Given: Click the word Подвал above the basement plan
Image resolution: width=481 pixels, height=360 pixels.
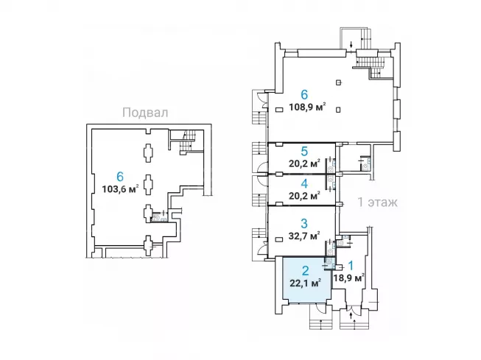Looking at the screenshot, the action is coord(145,113).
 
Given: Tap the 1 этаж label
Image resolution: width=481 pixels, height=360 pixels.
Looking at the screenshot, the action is coord(378,202).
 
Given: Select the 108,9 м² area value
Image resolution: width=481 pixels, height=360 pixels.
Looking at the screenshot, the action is coord(307,107).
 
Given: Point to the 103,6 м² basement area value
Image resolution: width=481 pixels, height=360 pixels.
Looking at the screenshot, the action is coord(120,188).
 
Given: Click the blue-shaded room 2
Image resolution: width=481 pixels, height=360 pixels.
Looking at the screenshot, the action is coord(306,279).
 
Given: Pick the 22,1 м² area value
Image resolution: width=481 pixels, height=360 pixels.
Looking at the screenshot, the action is coord(306,282).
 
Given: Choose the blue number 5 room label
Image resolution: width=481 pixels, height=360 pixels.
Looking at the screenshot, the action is coord(304,152).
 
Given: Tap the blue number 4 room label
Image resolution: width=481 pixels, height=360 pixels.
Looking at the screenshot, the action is coord(304,183).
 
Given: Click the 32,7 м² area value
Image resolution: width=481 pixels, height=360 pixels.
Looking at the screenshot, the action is coord(304,236).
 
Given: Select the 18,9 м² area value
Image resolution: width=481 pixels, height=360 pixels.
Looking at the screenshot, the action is coord(349,278).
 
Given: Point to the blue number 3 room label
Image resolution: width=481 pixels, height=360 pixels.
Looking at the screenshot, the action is coord(304,223).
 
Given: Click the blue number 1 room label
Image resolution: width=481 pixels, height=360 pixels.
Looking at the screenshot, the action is coord(351,265).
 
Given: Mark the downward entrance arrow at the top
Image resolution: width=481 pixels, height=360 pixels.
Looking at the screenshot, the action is coord(351,44).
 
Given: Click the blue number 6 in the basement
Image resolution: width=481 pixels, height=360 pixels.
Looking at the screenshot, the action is coord(120,177).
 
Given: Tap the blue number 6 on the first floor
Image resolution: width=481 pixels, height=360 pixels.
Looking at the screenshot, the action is coord(304,95).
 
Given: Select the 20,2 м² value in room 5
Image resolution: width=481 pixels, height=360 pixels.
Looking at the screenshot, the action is coord(304,163).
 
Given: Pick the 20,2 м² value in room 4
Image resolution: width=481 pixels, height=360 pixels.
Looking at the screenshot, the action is coord(304,195).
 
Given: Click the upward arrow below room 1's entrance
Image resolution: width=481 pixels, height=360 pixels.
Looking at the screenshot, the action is coord(351,315).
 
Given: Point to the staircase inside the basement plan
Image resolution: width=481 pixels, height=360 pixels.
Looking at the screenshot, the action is coord(186,141).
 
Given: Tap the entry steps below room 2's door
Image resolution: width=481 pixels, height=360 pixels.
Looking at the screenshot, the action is coord(321,321).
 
